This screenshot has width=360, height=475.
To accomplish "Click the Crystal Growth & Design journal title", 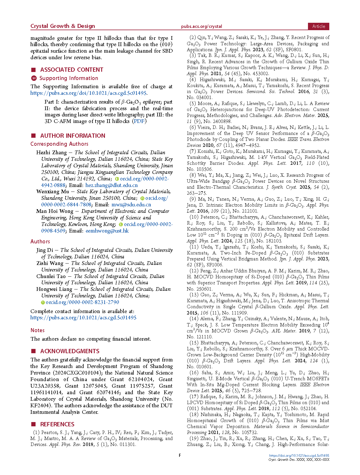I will click(63, 26).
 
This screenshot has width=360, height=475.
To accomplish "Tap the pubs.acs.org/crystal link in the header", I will click(201, 26).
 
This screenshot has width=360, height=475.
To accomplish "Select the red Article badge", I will click(318, 26).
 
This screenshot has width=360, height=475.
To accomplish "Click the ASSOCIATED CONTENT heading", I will click(72, 70).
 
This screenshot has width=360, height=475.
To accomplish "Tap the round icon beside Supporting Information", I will click(34, 78).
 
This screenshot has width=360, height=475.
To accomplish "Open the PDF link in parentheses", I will click(139, 121).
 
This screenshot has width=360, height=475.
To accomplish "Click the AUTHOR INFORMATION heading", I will click(73, 136).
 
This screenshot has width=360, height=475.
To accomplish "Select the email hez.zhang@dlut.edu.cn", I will click(111, 185).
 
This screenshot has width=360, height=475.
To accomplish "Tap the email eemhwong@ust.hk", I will click(107, 231).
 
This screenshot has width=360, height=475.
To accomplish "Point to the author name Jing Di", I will click(45, 250).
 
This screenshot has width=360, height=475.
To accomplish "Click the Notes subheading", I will click(38, 330).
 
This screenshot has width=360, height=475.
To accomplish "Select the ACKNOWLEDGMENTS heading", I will click(70, 351).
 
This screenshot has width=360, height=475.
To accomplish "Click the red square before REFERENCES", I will click(33, 424).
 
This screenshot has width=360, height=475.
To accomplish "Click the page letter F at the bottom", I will click(180, 455).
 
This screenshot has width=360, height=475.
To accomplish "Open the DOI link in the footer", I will click(299, 456).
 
